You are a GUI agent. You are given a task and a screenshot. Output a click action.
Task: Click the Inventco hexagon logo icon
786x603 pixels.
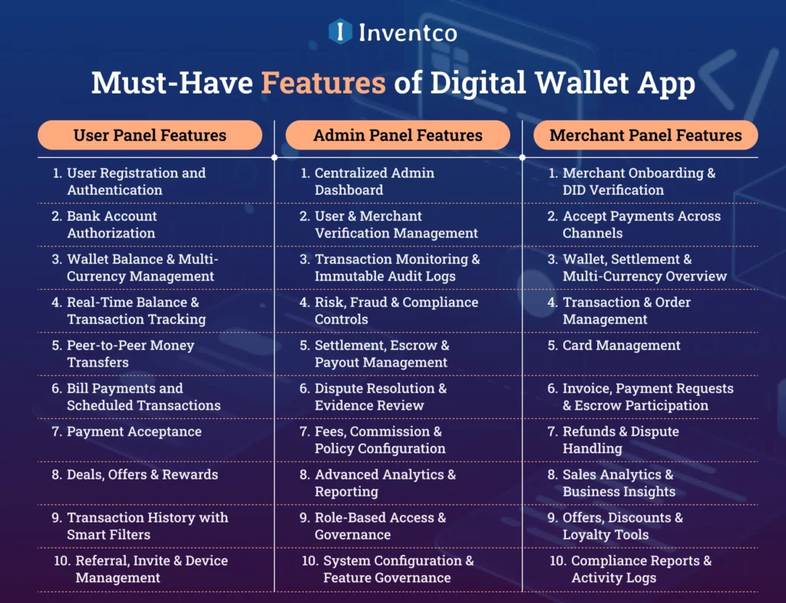coord(340,31)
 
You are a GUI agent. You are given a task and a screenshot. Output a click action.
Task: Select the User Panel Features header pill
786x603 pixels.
coord(150,136)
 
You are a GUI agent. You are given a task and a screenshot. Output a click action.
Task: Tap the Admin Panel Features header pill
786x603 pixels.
coord(398,136)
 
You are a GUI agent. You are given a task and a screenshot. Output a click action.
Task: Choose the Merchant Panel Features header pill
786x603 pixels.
coord(646,136)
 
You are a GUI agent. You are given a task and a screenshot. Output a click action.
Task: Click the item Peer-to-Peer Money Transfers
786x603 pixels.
coord(130,354)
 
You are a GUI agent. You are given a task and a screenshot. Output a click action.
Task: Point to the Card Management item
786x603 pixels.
coord(621,345)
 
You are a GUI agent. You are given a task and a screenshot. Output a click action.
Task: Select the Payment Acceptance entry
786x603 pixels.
coord(134,431)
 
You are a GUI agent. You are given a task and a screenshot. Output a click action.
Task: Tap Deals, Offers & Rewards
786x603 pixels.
coord(142,474)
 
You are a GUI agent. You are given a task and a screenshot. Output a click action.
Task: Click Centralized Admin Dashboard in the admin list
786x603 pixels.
coord(374,182)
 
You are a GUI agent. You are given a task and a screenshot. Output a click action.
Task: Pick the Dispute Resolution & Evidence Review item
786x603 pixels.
coord(380,397)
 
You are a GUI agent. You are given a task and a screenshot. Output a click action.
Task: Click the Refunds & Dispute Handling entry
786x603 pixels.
coord(620,440)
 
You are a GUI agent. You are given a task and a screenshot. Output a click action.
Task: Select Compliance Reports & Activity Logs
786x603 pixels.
coord(640,568)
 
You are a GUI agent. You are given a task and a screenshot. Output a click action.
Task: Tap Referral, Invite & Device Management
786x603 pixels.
coord(150,568)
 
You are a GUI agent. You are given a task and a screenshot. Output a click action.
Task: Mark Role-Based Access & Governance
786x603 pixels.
coord(379,526)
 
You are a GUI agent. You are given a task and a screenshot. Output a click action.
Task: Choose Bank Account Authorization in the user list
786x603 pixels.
coord(112,225)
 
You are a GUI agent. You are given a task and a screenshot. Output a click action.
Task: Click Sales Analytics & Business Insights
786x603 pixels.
coord(618,483)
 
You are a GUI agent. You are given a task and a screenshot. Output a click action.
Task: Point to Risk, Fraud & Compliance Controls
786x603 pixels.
coord(395,311)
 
